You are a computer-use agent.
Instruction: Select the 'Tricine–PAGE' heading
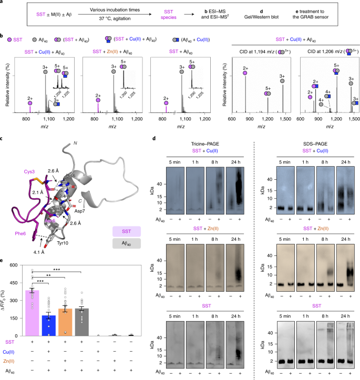pos(202,135)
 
